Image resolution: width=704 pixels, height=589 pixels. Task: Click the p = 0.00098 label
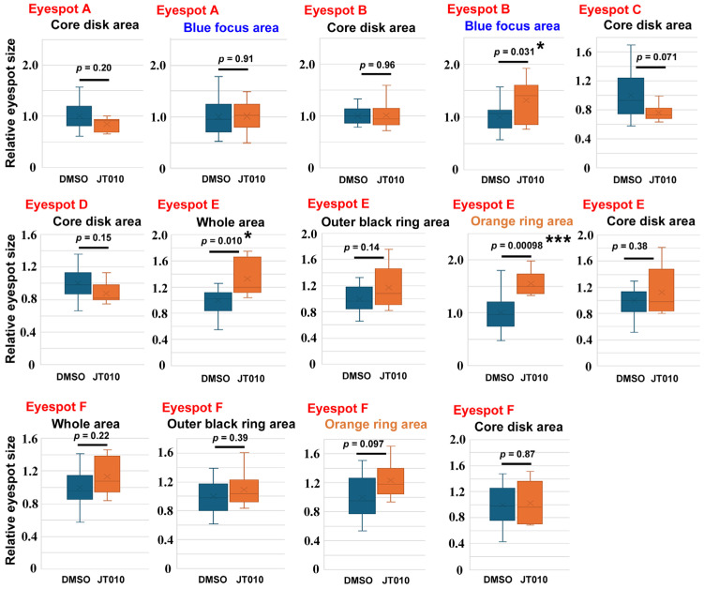coord(517,246)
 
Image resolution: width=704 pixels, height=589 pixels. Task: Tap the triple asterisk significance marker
coord(558,240)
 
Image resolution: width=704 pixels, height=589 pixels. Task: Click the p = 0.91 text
coord(235,59)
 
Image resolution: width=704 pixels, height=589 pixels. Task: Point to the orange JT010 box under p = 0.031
coord(526,105)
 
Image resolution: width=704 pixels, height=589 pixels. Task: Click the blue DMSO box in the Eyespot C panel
coord(631,96)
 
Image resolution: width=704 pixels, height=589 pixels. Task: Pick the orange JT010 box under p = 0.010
coord(247,275)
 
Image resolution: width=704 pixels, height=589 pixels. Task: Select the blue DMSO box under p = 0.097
coord(362,495)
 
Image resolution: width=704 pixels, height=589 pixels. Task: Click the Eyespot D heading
coord(56,204)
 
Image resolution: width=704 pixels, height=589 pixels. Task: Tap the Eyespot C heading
coord(610,10)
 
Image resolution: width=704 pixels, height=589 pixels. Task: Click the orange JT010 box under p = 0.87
coord(530,503)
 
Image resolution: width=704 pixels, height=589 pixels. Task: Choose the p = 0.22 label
coord(92,436)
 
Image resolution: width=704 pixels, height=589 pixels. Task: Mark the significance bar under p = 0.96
coord(376,74)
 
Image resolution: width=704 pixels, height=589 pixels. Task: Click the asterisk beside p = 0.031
coord(541,47)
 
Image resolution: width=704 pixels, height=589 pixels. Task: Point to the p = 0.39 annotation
coord(230,438)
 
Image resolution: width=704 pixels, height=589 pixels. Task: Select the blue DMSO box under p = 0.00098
coord(501,314)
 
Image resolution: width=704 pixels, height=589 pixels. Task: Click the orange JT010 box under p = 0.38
coord(661,290)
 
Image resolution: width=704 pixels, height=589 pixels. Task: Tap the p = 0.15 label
coord(94,238)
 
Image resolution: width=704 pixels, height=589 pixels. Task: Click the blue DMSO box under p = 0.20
coord(79,116)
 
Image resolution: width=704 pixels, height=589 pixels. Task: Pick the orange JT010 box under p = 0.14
coord(388,287)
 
